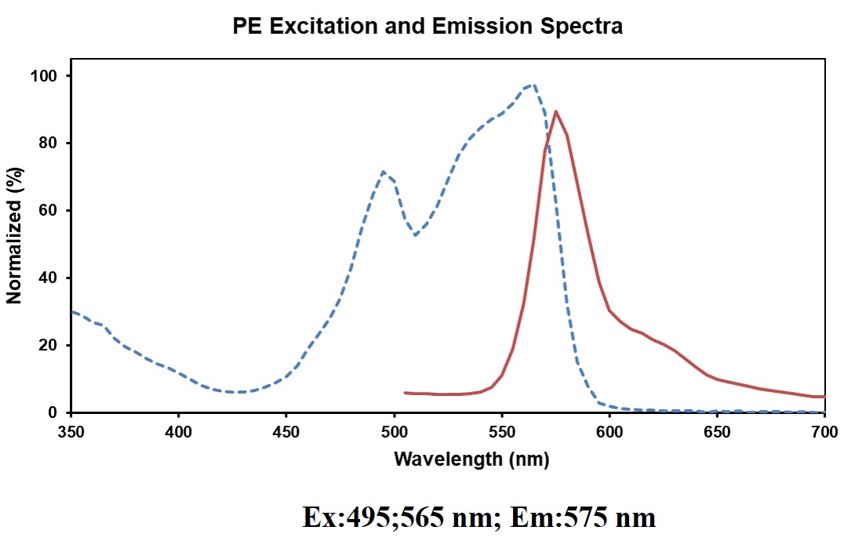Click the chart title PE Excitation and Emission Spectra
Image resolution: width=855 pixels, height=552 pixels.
tap(427, 27)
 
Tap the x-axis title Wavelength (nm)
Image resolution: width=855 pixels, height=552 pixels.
tap(471, 459)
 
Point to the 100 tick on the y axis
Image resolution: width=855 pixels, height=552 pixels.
tap(51, 76)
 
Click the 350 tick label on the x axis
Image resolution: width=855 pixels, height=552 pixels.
tap(71, 431)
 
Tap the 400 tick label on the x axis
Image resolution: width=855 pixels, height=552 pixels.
tap(178, 431)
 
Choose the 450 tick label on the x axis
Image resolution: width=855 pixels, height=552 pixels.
tap(286, 431)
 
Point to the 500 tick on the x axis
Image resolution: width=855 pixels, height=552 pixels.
tap(394, 431)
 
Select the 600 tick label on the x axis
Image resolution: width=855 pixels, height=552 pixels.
tap(609, 431)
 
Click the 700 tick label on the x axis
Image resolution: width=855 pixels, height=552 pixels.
tap(824, 431)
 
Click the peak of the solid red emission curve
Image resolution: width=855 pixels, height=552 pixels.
tap(556, 111)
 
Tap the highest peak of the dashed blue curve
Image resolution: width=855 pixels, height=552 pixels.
tap(533, 84)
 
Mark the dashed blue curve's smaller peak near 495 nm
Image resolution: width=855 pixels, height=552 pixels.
tap(383, 172)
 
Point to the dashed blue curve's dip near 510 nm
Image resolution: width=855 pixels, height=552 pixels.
tap(415, 234)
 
